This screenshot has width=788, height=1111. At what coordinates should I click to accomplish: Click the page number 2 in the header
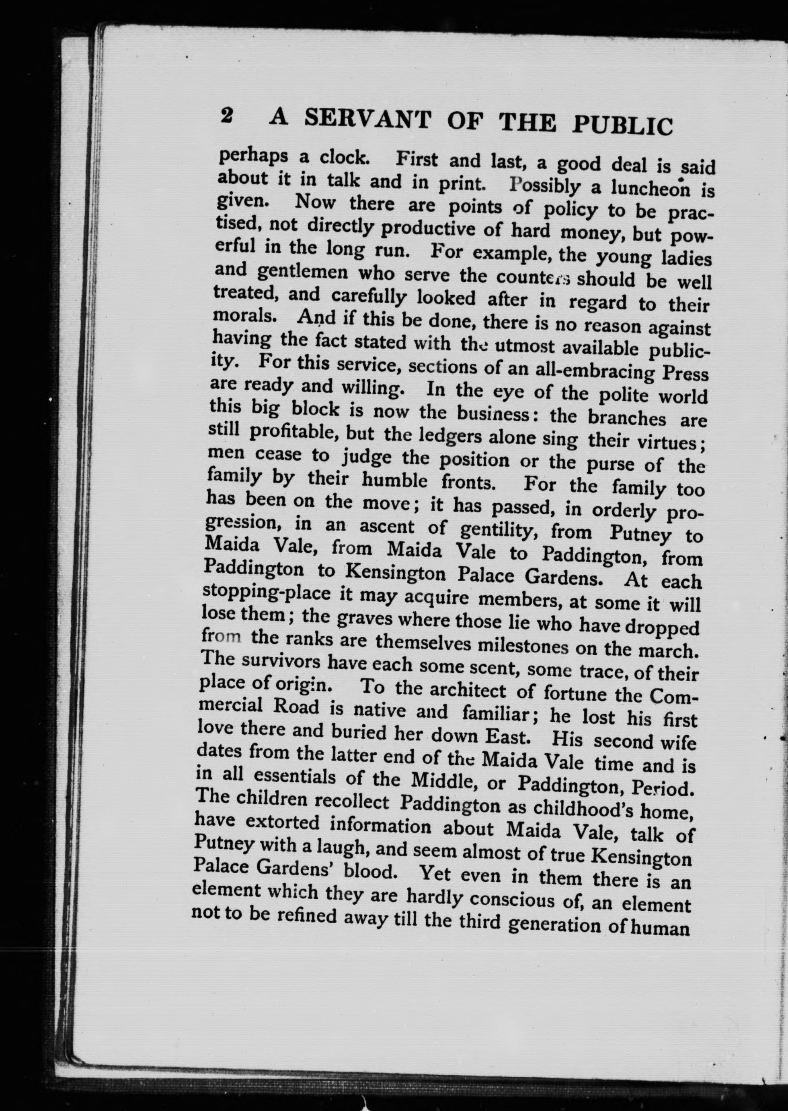click(227, 117)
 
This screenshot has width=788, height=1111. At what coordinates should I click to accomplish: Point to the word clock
click(342, 158)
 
